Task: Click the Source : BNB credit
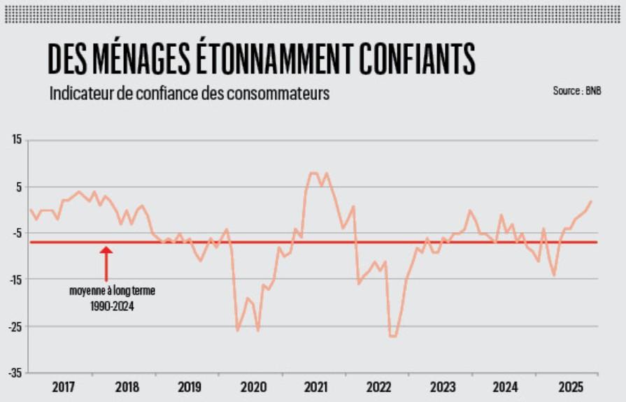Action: [x=576, y=91]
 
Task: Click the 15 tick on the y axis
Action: [x=16, y=141]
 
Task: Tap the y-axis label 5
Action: [x=19, y=187]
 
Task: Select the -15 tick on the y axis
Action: [x=15, y=280]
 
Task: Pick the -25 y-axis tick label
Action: [x=15, y=326]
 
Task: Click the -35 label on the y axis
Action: [x=15, y=372]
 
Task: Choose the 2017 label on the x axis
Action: [x=62, y=386]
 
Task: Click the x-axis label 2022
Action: [x=379, y=386]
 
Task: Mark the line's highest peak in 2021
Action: [x=313, y=173]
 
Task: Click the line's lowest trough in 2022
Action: [x=392, y=336]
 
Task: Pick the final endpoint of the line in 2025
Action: [x=591, y=201]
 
